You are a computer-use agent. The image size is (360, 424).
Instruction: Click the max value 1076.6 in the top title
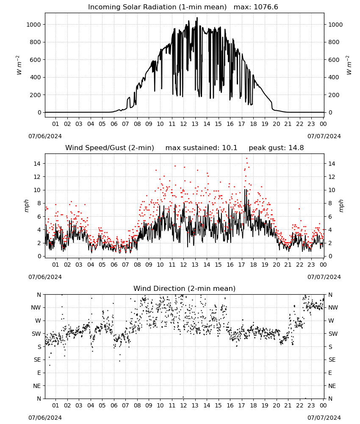266,7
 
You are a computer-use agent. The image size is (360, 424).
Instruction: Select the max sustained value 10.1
230,148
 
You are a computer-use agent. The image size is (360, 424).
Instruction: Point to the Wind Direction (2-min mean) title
185,288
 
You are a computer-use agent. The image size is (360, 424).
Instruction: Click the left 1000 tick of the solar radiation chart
33,25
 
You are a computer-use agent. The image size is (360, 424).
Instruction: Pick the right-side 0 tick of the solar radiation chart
330,112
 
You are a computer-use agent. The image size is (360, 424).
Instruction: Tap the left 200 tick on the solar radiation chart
36,95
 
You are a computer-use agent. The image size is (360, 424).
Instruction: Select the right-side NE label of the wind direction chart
332,386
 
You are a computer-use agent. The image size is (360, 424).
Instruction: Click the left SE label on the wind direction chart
37,360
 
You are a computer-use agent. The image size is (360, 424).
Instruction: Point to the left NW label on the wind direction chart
36,307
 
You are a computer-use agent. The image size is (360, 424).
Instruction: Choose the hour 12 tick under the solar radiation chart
183,124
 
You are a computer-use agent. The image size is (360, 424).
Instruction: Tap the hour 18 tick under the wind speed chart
253,265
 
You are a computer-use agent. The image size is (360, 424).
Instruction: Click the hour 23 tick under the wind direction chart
311,405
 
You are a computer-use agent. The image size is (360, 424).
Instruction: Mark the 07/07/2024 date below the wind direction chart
324,418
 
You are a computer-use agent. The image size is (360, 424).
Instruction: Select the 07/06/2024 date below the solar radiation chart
45,136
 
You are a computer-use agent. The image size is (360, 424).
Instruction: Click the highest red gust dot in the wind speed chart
246,159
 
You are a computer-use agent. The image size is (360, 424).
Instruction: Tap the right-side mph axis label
341,206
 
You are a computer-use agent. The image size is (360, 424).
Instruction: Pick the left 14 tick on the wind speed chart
37,164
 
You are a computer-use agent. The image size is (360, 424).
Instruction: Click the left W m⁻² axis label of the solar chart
19,65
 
